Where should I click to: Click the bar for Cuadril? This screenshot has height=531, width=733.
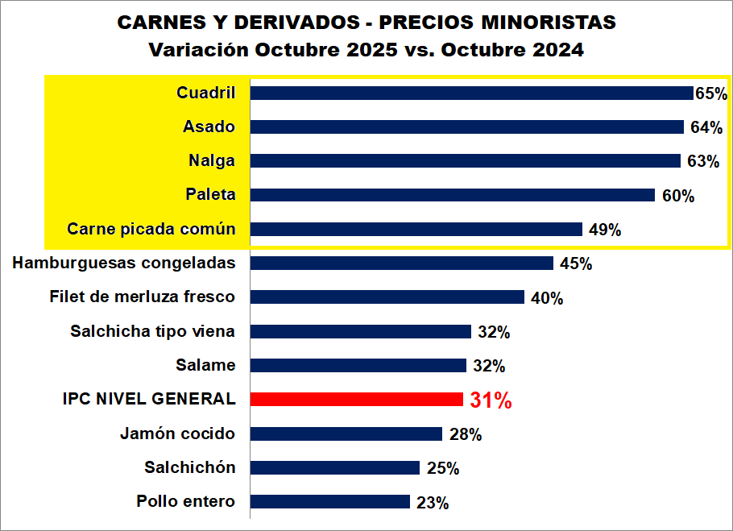point(471,93)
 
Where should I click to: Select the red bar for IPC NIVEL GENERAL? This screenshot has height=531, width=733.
point(357,399)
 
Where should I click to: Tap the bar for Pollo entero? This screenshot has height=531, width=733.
point(330,501)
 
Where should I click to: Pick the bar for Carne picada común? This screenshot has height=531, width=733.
point(416,229)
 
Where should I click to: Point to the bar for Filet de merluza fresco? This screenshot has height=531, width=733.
point(387,297)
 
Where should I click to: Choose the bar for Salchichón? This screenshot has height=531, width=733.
point(335,467)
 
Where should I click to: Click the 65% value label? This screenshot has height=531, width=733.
point(710,93)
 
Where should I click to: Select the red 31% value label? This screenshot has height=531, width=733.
point(491,400)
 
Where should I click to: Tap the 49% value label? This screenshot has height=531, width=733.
point(604,230)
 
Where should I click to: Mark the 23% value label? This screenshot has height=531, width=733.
point(433,503)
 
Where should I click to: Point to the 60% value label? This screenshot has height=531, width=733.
point(677,196)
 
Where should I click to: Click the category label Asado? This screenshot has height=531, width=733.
point(209,127)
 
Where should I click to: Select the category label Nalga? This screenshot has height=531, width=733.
point(211,160)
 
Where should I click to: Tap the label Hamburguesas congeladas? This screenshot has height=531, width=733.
point(124,263)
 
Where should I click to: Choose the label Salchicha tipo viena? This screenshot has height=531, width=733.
point(152,331)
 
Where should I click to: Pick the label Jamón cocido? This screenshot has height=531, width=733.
point(177,434)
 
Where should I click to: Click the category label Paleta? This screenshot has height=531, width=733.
point(209,194)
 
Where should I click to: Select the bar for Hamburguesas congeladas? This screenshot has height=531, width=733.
point(402,263)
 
